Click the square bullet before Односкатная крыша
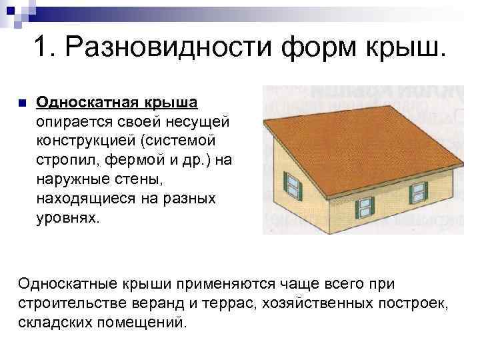21,103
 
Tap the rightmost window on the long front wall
418,191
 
